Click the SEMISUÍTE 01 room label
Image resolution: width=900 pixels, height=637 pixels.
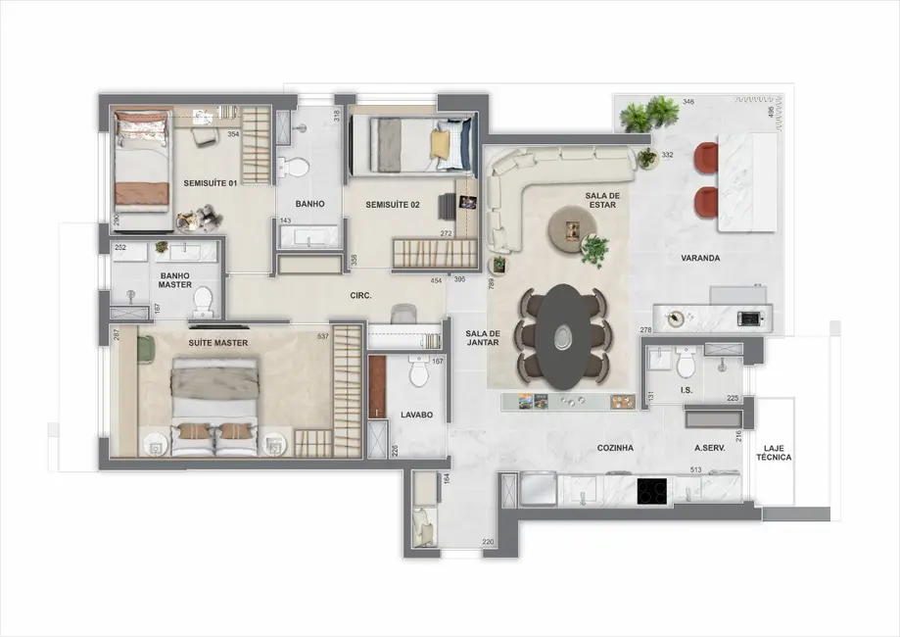[x=211, y=183]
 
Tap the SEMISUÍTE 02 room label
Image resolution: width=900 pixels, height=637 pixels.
[x=393, y=204]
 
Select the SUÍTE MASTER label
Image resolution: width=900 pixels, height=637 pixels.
[x=217, y=342]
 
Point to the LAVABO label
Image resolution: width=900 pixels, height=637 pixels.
[x=416, y=415]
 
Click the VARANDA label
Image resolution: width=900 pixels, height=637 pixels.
[x=701, y=259]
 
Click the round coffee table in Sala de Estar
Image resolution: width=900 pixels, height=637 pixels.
[x=570, y=227]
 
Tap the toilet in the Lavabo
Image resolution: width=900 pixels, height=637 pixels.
[x=419, y=373]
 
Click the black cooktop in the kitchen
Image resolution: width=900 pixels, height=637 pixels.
[x=653, y=491]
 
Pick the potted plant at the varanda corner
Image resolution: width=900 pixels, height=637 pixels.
[x=648, y=115]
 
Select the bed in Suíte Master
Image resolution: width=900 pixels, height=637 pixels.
[x=215, y=405]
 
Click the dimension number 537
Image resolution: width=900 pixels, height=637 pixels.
[x=322, y=338]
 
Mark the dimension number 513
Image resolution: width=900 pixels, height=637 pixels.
[x=696, y=470]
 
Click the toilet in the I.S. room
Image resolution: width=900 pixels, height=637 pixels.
[x=686, y=364]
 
